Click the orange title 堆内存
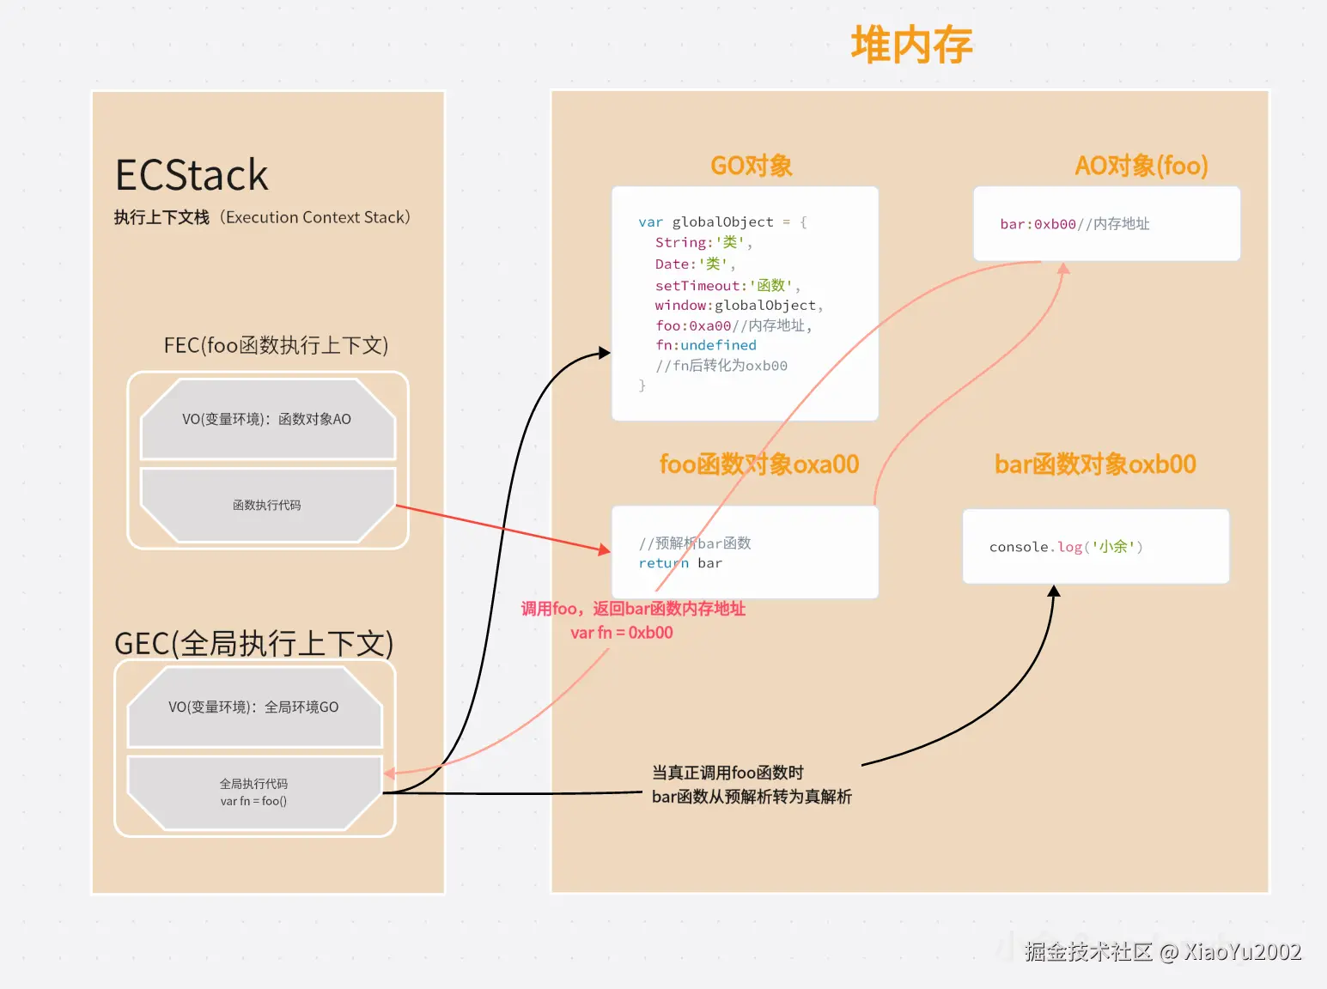(911, 45)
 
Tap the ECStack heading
(191, 175)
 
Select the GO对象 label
(751, 166)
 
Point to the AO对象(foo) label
(1141, 166)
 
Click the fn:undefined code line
(705, 345)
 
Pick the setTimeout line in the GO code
(727, 285)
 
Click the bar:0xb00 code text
(1038, 224)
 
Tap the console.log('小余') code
(1066, 547)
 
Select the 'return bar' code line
(680, 563)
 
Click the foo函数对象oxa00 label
(758, 464)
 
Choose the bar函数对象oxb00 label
(1095, 464)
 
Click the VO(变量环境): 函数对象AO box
(267, 419)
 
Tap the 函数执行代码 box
(267, 505)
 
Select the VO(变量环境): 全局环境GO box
(254, 707)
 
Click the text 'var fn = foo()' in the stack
(253, 801)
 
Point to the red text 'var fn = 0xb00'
(622, 633)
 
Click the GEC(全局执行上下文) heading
(254, 643)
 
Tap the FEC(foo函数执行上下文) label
(276, 345)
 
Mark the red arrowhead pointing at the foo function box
(604, 549)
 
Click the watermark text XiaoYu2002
(1242, 951)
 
